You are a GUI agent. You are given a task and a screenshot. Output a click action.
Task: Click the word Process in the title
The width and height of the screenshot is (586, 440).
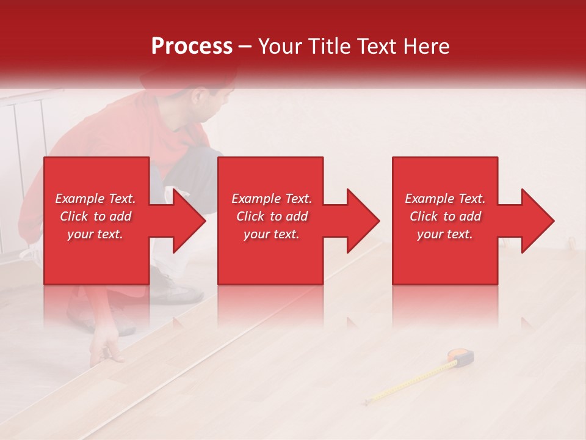point(192,46)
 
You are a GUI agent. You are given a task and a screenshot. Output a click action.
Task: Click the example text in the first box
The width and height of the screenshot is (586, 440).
point(96,216)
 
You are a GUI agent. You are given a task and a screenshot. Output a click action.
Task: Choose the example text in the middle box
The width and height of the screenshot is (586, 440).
point(272,216)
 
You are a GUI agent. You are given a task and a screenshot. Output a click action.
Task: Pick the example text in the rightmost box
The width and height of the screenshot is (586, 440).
point(445,216)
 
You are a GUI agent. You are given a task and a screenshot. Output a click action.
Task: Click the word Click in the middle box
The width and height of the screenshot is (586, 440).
point(250,216)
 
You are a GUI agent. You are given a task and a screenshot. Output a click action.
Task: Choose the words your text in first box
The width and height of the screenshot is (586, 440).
point(96,234)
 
